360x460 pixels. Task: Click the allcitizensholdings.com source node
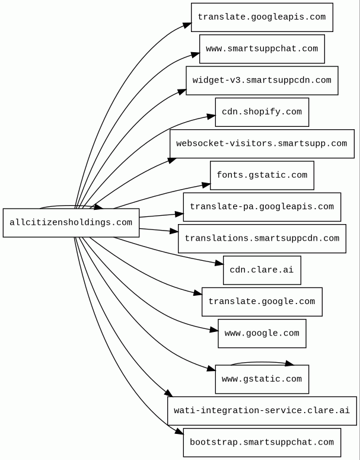coord(71,223)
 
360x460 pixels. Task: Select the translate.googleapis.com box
coord(262,17)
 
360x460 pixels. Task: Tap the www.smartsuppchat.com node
coord(262,49)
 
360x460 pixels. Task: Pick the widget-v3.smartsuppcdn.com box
coord(262,81)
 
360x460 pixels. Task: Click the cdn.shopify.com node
coord(262,113)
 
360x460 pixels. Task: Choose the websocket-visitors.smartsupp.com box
coord(262,144)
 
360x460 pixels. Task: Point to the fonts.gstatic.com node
coord(262,175)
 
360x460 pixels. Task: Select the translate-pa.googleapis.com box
coord(262,207)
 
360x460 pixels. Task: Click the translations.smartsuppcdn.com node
coord(262,239)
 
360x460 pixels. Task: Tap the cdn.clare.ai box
coord(262,270)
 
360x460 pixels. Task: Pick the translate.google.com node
coord(262,302)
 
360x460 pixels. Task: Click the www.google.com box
coord(262,334)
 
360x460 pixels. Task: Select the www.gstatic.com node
coord(262,379)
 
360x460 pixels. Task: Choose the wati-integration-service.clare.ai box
coord(262,411)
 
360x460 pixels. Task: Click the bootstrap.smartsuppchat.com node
coord(262,442)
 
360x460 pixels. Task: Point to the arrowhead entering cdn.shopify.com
coord(211,117)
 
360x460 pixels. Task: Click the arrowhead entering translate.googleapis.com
coord(187,25)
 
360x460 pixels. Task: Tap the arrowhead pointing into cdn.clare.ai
coord(219,263)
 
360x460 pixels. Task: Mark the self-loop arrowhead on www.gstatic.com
coord(289,364)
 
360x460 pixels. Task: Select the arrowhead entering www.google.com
coord(214,330)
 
